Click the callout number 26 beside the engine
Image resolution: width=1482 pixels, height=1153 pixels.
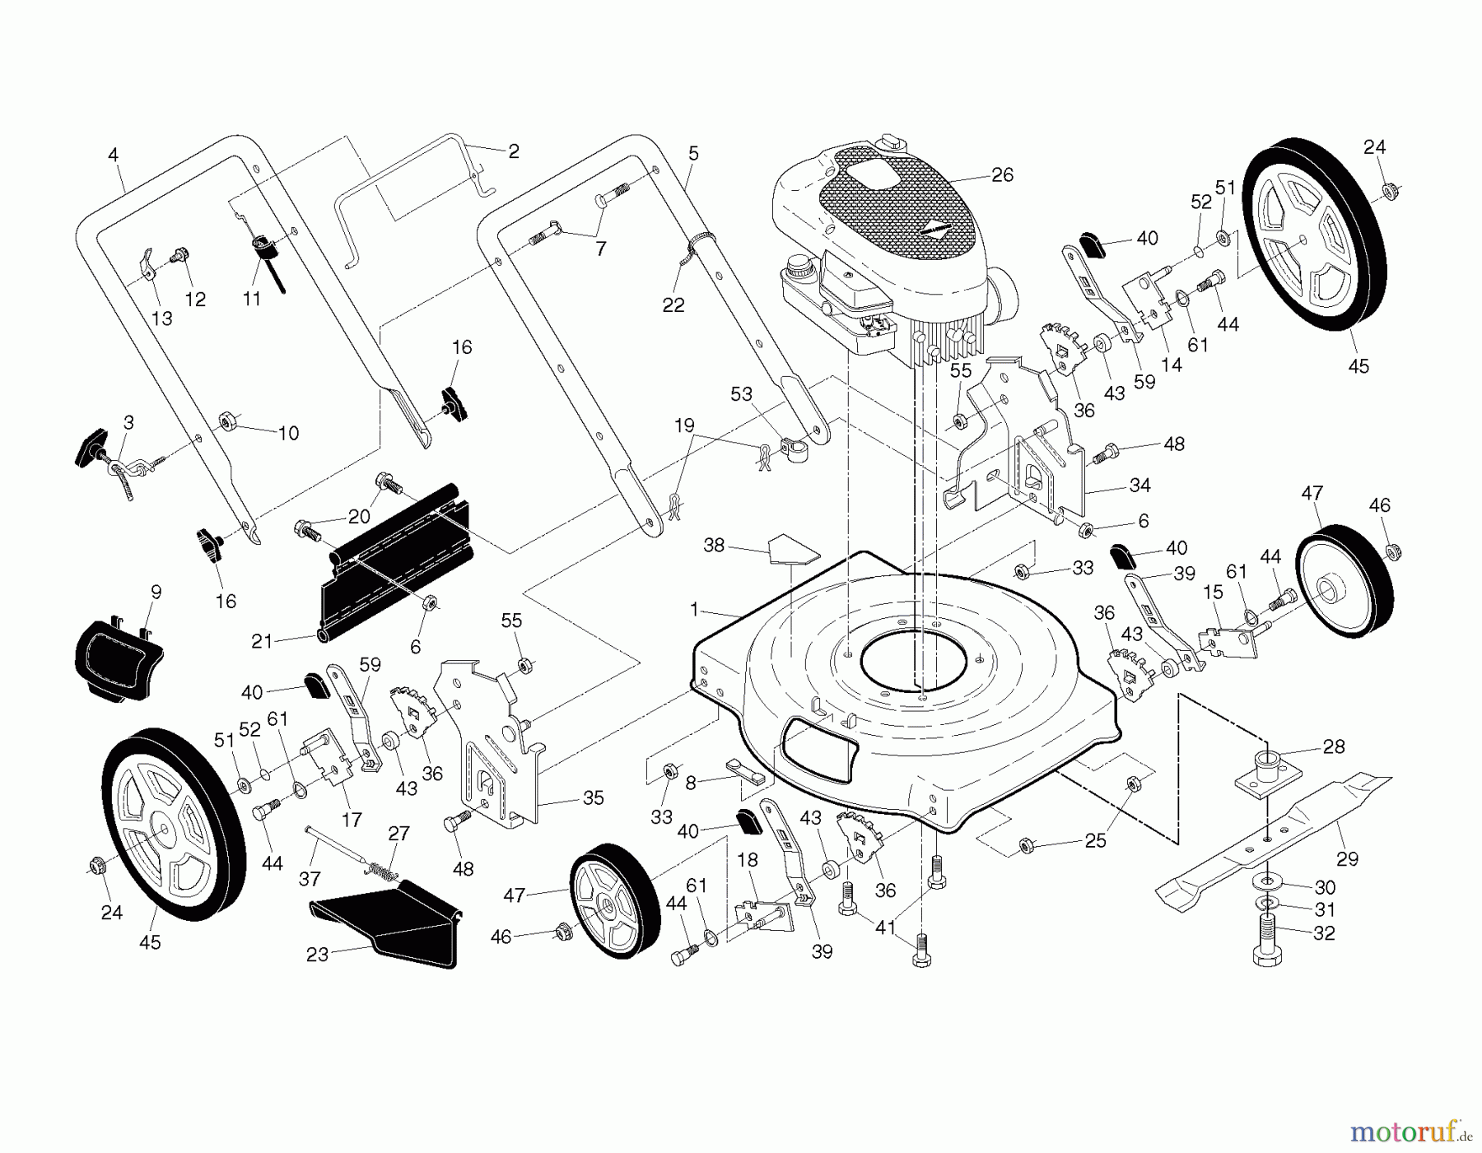(1002, 175)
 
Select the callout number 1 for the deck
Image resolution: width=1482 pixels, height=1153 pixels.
(694, 610)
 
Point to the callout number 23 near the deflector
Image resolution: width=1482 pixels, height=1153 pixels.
(317, 955)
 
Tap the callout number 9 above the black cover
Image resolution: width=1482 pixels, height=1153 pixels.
(156, 591)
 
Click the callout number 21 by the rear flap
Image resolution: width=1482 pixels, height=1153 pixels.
(262, 641)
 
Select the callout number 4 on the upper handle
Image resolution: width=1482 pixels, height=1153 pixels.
(113, 154)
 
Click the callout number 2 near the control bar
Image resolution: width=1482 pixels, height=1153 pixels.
(514, 151)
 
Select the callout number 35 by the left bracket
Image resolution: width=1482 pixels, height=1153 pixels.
(593, 797)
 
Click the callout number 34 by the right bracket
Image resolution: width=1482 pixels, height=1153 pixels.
(1139, 486)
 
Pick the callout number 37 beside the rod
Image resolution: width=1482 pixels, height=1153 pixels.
(310, 879)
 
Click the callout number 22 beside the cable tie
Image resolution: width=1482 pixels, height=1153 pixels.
(673, 305)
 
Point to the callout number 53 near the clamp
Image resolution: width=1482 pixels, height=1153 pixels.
(741, 394)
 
